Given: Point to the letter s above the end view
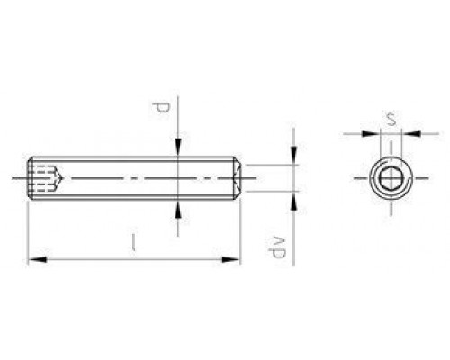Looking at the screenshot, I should [x=390, y=117].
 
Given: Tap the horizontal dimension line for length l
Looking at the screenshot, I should [x=135, y=261].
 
